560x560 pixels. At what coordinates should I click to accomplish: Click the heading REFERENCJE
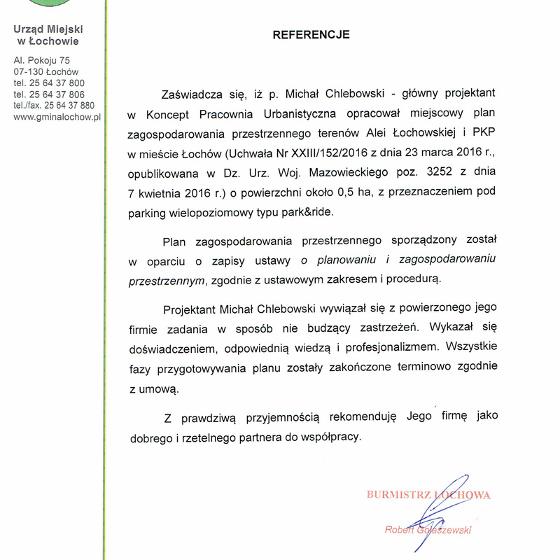[x=311, y=34]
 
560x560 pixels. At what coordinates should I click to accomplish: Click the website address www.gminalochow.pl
[x=57, y=117]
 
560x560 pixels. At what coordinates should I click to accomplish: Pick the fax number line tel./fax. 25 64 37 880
[x=54, y=106]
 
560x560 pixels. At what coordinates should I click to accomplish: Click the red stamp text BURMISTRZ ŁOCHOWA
[x=428, y=496]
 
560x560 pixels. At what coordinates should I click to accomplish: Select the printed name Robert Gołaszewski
[x=428, y=530]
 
